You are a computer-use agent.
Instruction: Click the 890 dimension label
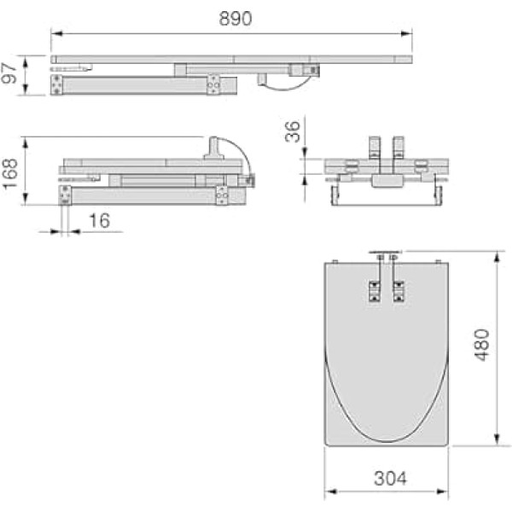tap(236, 19)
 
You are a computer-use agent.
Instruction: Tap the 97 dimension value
tap(9, 73)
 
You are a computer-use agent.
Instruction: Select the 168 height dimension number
tap(9, 173)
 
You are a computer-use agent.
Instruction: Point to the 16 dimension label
tap(100, 220)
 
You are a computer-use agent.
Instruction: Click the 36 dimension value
tap(292, 131)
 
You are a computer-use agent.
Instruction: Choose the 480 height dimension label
tap(482, 345)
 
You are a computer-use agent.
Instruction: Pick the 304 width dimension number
tap(390, 479)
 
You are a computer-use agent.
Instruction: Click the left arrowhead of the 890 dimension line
tap(57, 33)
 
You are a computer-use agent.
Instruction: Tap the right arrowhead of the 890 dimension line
tap(406, 33)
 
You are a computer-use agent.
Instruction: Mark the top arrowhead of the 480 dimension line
tap(497, 258)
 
